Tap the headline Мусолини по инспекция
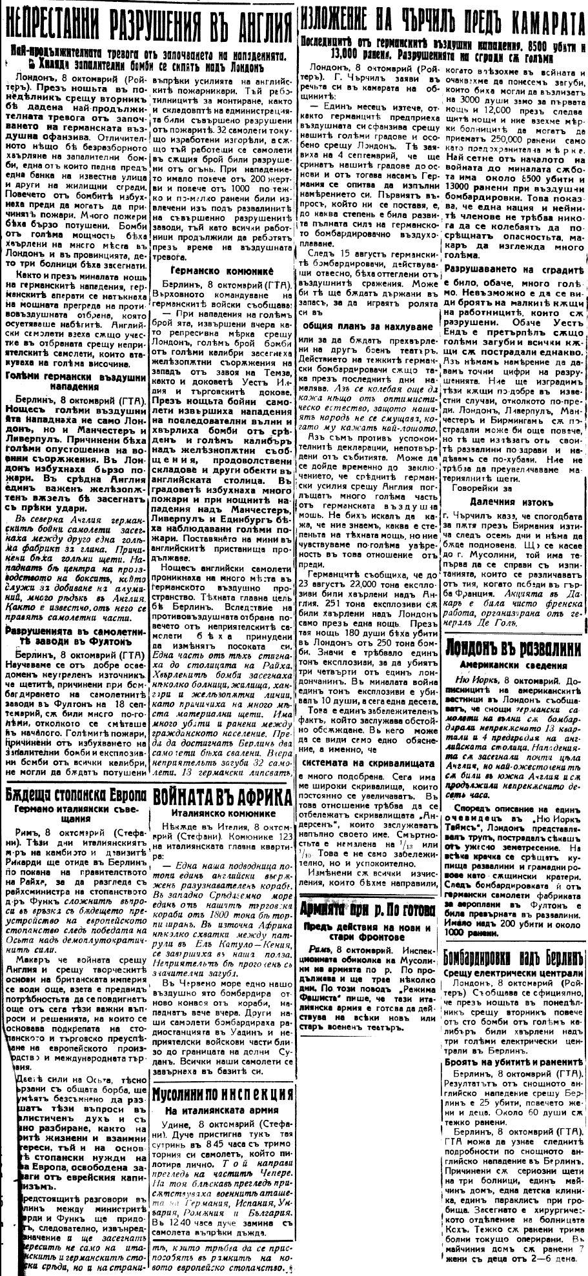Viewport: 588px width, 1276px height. (x=221, y=1092)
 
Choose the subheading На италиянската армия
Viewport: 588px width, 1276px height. (x=221, y=1110)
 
